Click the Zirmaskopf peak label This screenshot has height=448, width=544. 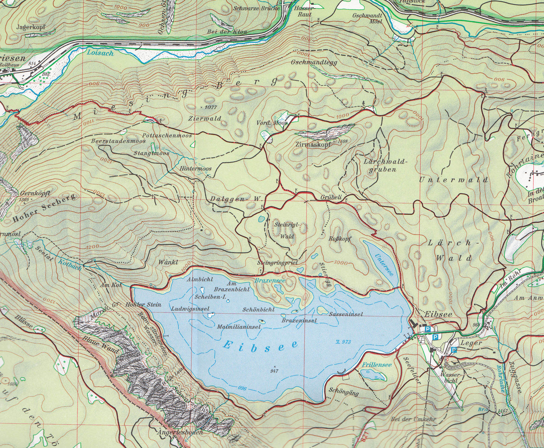(x=313, y=145)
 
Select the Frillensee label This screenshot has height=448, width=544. (x=377, y=365)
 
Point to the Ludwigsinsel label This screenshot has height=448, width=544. (x=190, y=309)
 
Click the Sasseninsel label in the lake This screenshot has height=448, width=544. (x=346, y=314)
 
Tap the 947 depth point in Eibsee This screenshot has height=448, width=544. (x=275, y=371)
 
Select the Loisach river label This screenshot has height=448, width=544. (x=100, y=53)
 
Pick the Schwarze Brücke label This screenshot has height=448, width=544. (x=256, y=8)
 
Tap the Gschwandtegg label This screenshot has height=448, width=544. (x=314, y=62)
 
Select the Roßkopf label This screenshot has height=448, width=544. (x=340, y=239)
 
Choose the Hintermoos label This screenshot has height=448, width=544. (x=196, y=169)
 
